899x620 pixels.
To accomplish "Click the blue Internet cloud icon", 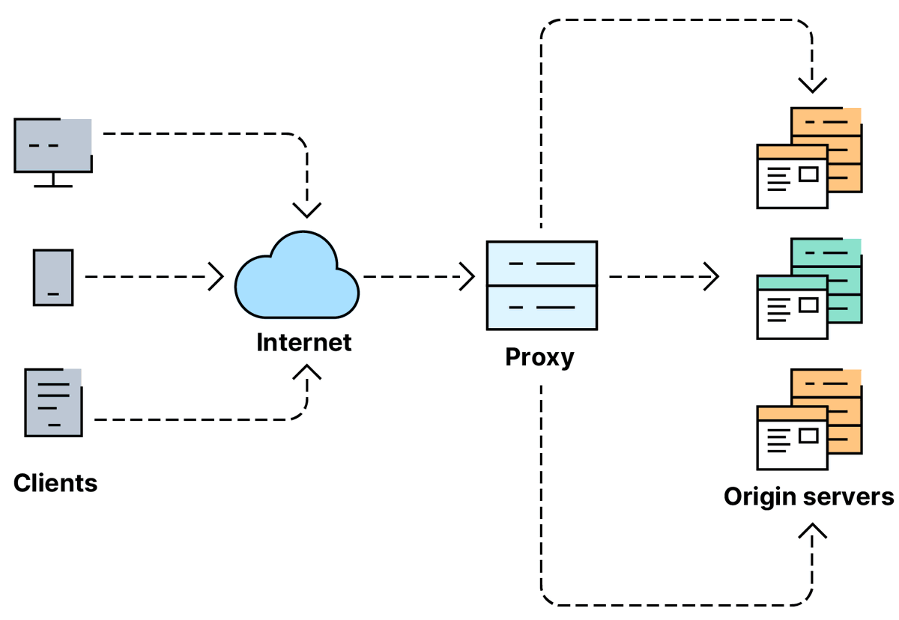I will [x=297, y=276].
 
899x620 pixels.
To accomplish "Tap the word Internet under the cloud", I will [x=303, y=343].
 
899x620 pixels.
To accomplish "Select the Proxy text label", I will [x=539, y=356].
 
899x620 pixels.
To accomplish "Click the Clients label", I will [x=55, y=483].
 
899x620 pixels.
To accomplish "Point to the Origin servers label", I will [x=808, y=496].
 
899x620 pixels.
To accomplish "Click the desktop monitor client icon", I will [x=53, y=146].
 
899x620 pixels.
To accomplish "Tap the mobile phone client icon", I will [x=53, y=277].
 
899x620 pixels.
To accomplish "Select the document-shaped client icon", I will [x=53, y=402].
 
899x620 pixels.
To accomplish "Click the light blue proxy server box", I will [x=542, y=285].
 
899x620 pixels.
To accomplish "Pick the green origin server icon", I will [x=809, y=288].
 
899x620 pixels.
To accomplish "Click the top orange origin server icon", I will [x=809, y=158].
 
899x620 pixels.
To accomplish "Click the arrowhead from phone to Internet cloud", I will [x=217, y=276].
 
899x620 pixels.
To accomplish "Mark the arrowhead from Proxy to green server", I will [x=712, y=276].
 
